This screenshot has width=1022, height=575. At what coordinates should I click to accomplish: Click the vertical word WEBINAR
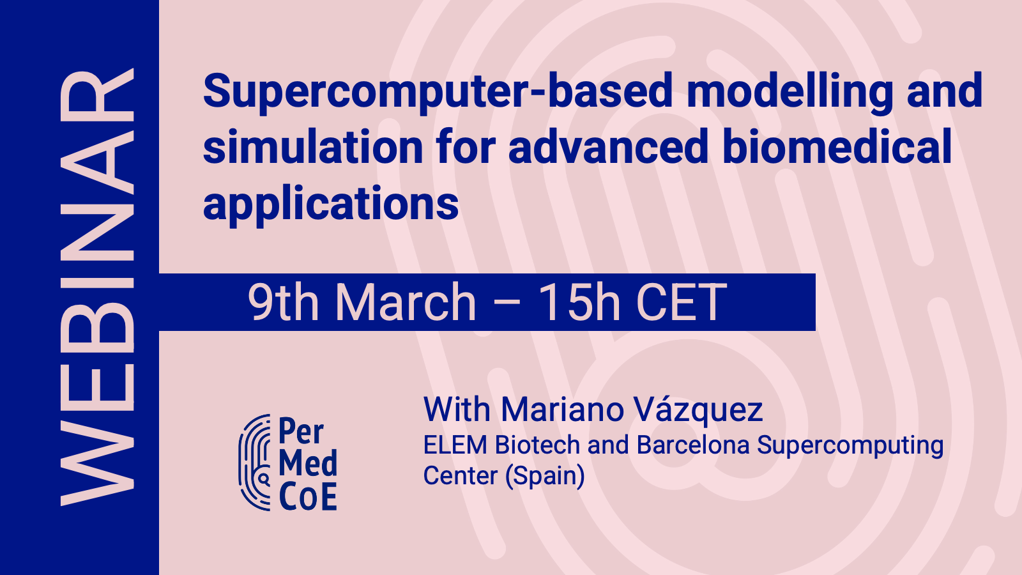coord(97,287)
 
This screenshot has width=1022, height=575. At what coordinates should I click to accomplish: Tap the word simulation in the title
coord(313,147)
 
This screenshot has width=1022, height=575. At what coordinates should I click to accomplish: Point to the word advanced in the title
coord(608,147)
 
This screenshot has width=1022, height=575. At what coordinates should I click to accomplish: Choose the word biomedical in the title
coord(837,147)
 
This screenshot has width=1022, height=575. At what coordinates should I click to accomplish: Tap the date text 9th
coord(283,302)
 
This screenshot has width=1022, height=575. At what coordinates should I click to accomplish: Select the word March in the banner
coord(406,302)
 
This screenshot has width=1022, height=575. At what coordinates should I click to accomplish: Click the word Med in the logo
coord(308,463)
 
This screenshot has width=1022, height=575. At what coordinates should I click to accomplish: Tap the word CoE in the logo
coord(308,497)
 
